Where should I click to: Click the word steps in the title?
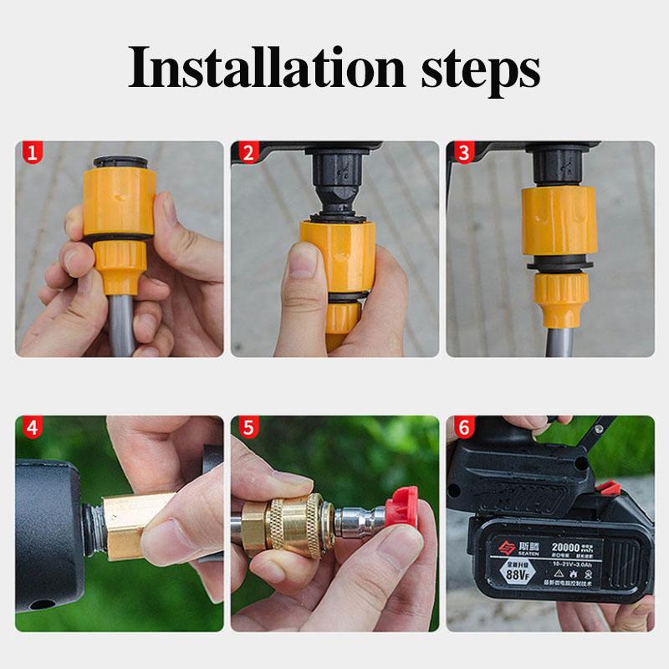click(473, 71)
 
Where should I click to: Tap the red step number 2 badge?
click(248, 153)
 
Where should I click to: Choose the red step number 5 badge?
click(248, 428)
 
